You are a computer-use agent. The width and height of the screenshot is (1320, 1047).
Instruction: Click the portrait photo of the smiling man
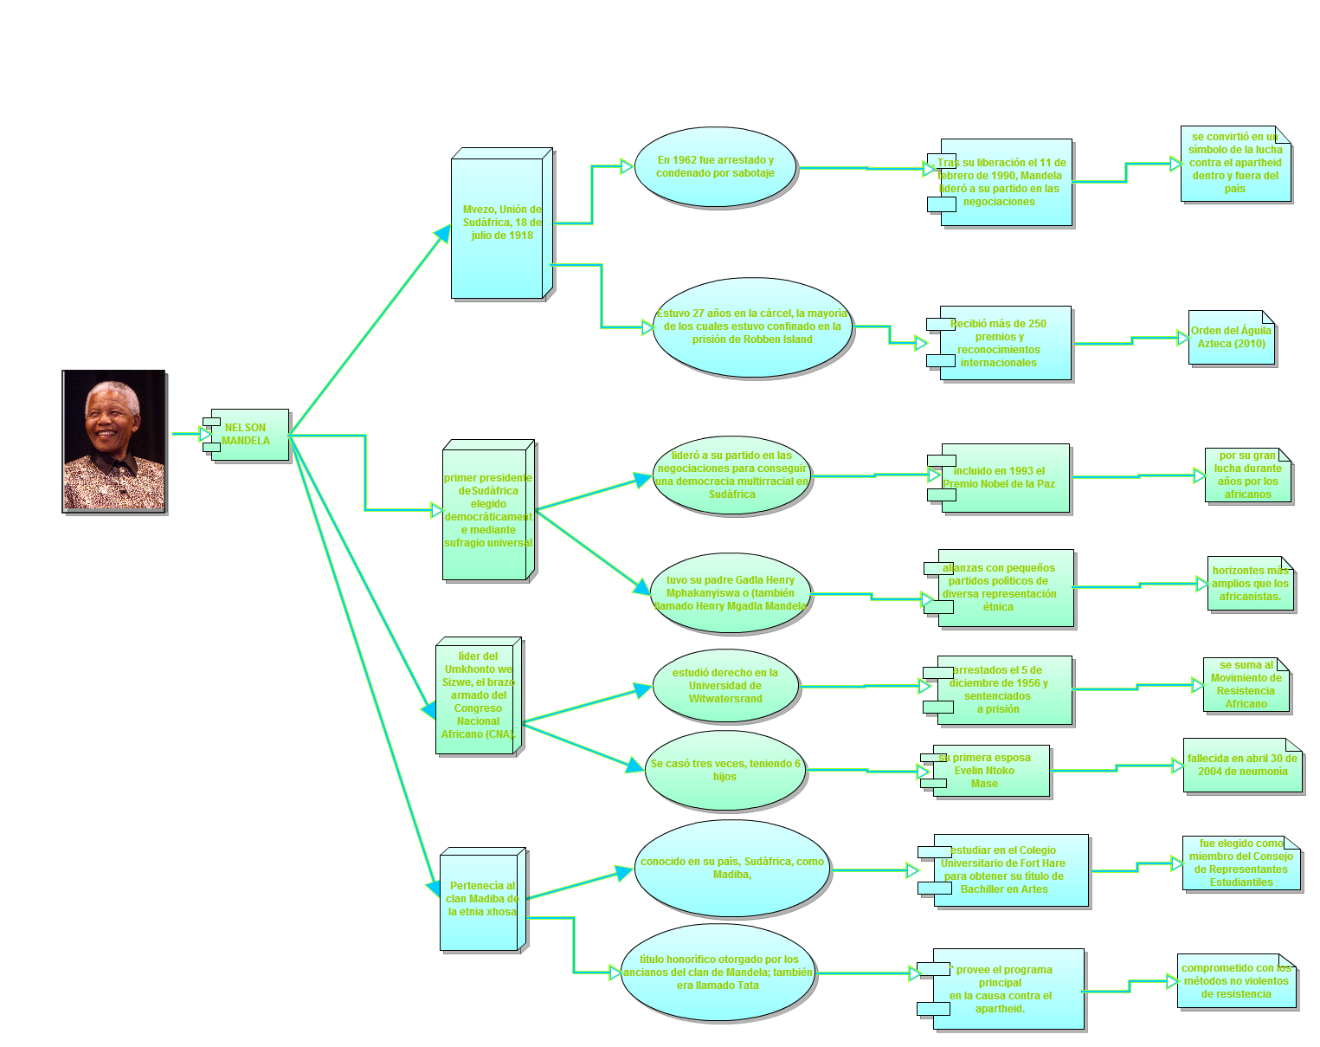(113, 441)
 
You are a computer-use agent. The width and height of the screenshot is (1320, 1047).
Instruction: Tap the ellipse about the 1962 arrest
(716, 167)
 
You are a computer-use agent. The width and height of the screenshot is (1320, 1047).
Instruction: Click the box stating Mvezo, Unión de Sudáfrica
(500, 223)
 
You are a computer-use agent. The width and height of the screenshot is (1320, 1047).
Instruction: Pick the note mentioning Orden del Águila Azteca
(1232, 338)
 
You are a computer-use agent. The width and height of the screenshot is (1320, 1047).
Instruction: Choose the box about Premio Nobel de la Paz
(1004, 478)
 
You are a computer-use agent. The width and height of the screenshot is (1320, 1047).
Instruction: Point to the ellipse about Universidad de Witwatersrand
(725, 686)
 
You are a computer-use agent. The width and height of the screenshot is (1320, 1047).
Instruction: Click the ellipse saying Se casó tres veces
(725, 771)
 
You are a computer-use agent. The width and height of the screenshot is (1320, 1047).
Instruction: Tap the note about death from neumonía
(1242, 766)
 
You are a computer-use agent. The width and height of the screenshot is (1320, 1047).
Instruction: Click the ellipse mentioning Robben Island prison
(752, 327)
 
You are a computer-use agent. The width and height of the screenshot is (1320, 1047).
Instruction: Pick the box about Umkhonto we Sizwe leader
(478, 696)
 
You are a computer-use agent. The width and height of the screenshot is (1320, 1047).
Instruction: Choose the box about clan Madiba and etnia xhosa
(482, 900)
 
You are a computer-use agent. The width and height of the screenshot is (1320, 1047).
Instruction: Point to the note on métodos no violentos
(1236, 982)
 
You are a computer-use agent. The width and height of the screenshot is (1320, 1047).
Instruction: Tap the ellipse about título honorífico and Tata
(718, 973)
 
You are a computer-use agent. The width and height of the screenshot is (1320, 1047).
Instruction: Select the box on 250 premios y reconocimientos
(1004, 344)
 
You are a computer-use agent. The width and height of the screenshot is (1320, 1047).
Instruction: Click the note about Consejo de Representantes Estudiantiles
(1241, 863)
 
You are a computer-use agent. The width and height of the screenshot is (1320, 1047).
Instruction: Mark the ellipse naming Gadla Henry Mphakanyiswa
(731, 593)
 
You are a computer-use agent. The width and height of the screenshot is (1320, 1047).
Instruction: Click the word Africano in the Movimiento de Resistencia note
(1246, 704)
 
